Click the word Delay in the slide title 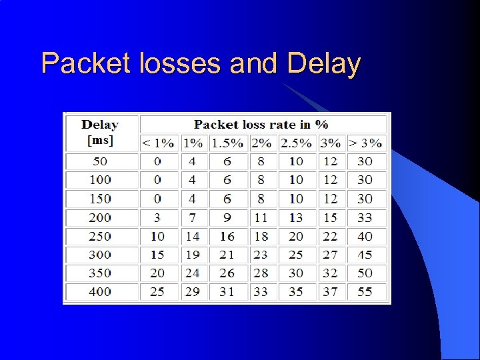tap(324, 64)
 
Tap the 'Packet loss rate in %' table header tap(261, 124)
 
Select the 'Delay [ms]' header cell tap(100, 132)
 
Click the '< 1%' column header tap(157, 143)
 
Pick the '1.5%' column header tap(227, 143)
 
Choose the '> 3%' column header tap(365, 143)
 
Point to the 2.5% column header tap(296, 143)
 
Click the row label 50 tap(100, 161)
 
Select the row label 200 tap(100, 217)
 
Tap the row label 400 tap(100, 291)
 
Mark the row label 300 tap(100, 255)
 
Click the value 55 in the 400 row tap(365, 291)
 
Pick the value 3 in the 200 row tap(157, 217)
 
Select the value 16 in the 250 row tap(227, 236)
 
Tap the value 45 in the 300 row tap(365, 255)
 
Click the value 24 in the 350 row tap(193, 273)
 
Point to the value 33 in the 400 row tap(261, 291)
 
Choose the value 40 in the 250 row tap(365, 236)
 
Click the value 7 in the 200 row tap(193, 217)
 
